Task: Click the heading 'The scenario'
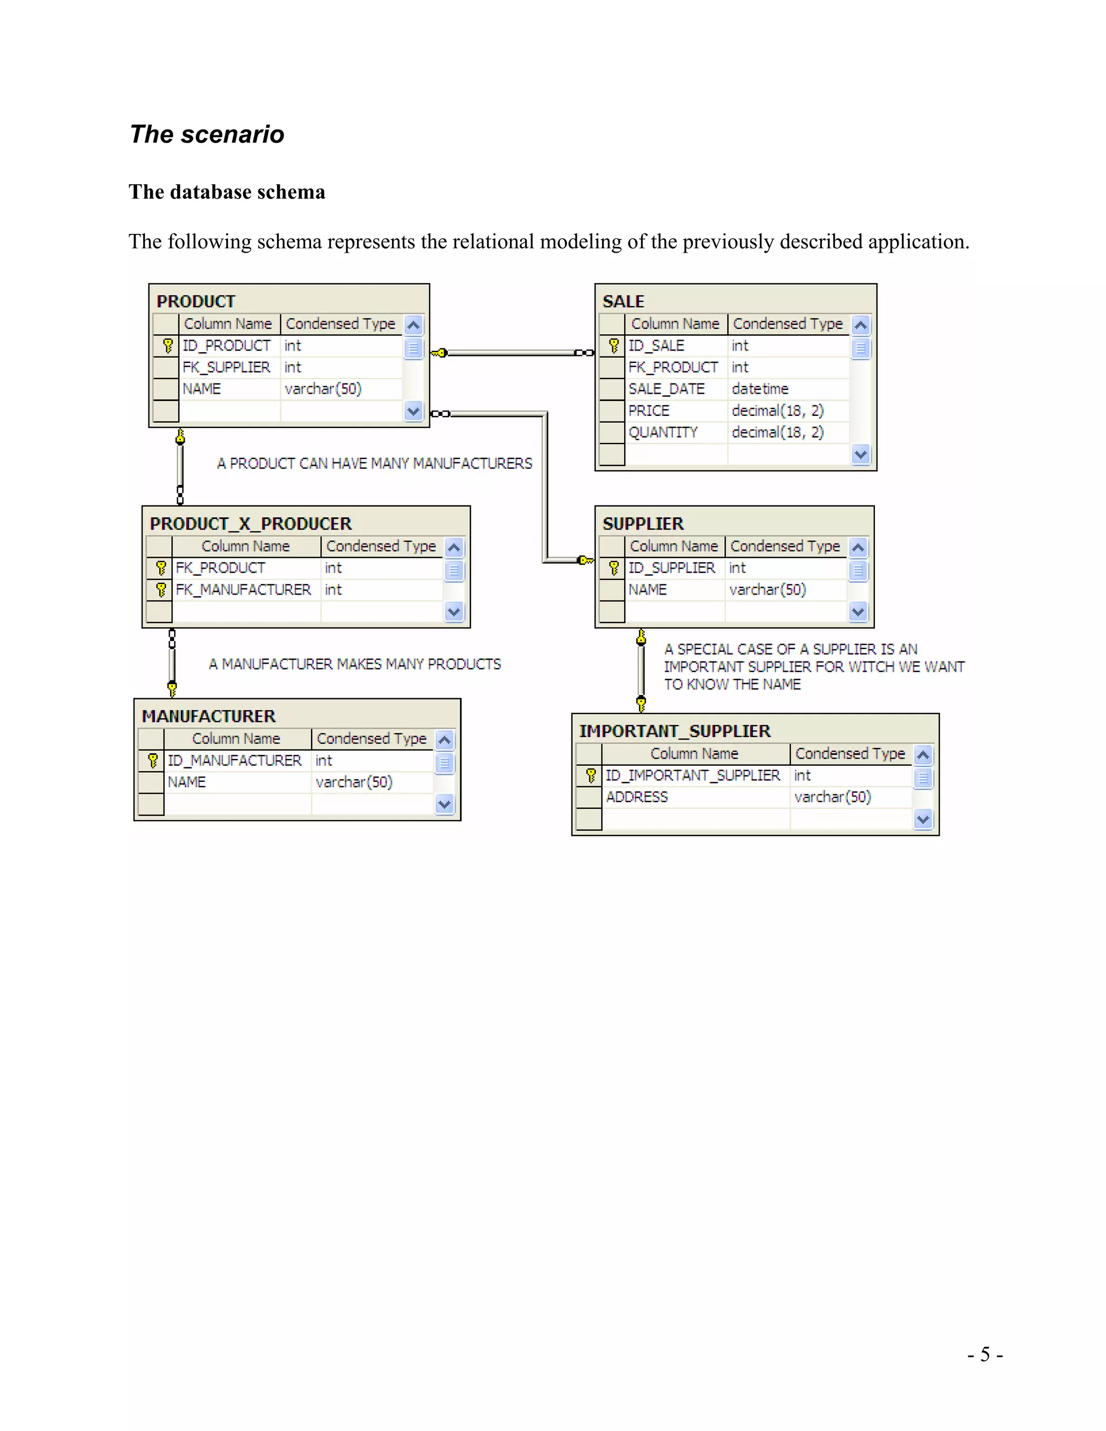[206, 134]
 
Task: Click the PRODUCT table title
[196, 301]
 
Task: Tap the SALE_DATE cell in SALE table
[666, 389]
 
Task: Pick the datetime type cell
[760, 389]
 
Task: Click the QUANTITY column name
[663, 433]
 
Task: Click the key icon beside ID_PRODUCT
[168, 345]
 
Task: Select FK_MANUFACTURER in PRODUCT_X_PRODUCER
[243, 590]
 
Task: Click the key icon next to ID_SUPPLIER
[613, 568]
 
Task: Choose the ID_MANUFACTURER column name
[234, 760]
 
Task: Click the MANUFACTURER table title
[208, 716]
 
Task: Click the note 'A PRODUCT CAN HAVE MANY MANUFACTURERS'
[374, 463]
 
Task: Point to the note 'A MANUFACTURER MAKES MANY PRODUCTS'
[354, 664]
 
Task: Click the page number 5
[985, 1354]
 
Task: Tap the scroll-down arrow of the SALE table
[861, 454]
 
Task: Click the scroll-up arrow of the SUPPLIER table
[858, 547]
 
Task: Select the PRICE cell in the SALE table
[649, 411]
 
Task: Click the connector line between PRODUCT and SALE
[511, 353]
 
